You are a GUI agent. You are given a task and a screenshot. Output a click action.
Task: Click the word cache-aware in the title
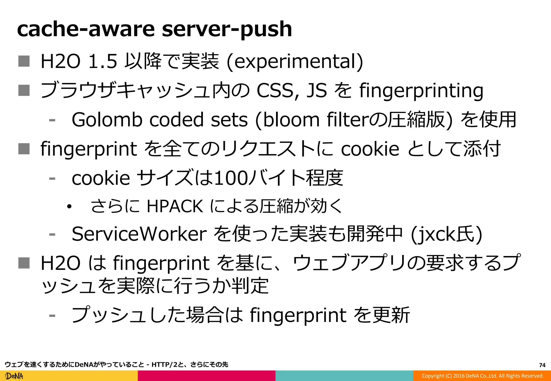click(x=86, y=29)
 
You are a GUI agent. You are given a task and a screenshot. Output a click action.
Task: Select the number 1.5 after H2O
click(x=103, y=62)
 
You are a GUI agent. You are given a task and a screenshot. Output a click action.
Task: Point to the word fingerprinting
click(x=421, y=91)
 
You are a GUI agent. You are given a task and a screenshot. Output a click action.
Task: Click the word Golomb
click(x=107, y=120)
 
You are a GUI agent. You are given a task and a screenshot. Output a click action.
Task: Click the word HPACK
click(x=175, y=206)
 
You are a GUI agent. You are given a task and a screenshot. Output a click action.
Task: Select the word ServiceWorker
click(x=139, y=234)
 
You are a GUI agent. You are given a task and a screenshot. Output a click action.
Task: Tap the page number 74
click(x=542, y=365)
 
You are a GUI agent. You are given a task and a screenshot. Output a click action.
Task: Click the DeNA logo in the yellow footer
click(x=15, y=376)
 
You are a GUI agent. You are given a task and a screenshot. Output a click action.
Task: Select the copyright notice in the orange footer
click(x=482, y=376)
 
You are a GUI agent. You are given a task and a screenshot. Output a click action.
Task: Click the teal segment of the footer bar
click(x=344, y=376)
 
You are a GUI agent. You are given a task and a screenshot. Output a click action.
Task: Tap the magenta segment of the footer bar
click(x=206, y=376)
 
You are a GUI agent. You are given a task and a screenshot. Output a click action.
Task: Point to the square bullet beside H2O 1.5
click(x=24, y=61)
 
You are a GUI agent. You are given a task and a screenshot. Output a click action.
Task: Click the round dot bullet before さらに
click(x=69, y=207)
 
